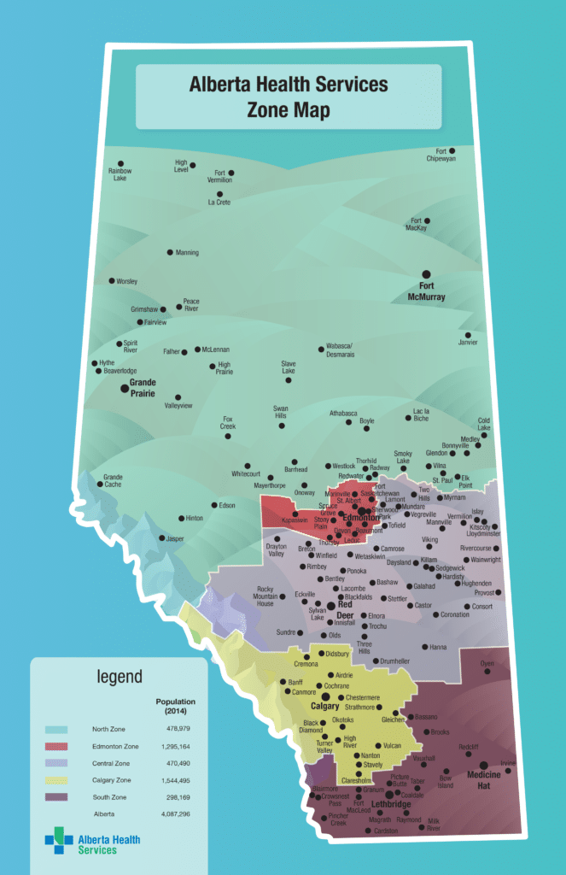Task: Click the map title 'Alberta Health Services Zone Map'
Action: [x=289, y=97]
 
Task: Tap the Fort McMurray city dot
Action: [x=427, y=274]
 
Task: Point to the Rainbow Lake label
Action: [x=120, y=175]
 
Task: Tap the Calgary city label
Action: [x=325, y=707]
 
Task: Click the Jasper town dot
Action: [x=161, y=538]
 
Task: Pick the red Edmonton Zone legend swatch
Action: [x=56, y=746]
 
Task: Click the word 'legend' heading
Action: [x=120, y=678]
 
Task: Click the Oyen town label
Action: [x=487, y=663]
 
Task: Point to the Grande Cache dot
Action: [x=101, y=484]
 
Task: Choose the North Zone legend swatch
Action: [x=56, y=729]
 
